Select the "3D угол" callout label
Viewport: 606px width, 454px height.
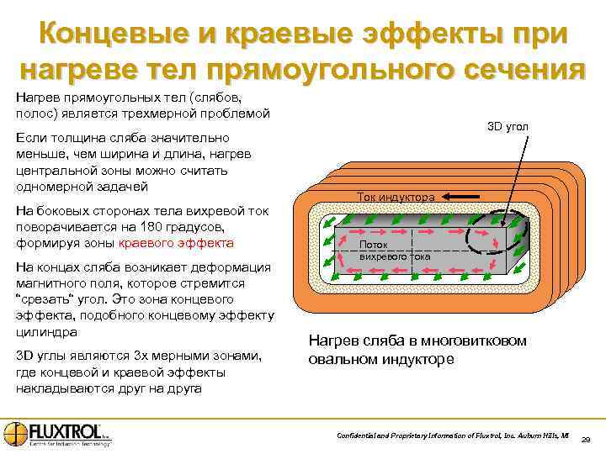(x=508, y=127)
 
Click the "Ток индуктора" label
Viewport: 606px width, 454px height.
(x=396, y=197)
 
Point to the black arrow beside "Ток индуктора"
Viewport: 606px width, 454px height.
(x=460, y=197)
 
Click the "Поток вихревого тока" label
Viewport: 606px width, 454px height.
(x=384, y=250)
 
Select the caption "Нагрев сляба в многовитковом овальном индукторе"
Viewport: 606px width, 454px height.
(x=418, y=350)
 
